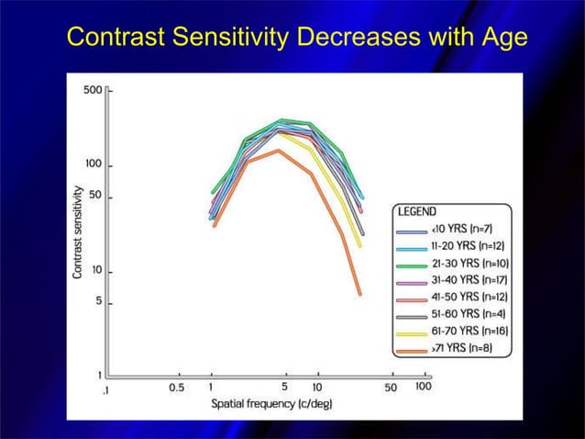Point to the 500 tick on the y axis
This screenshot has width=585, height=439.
click(x=95, y=92)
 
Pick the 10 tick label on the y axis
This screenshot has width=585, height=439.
click(x=98, y=272)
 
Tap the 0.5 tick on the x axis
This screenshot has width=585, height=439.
click(x=176, y=388)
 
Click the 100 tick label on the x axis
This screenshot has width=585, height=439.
click(x=423, y=388)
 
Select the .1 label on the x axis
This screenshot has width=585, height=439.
click(x=108, y=388)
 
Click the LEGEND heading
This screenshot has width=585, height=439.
click(x=417, y=211)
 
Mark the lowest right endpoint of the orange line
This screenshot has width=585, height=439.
click(x=359, y=294)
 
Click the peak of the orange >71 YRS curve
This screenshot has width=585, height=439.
click(x=278, y=151)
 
